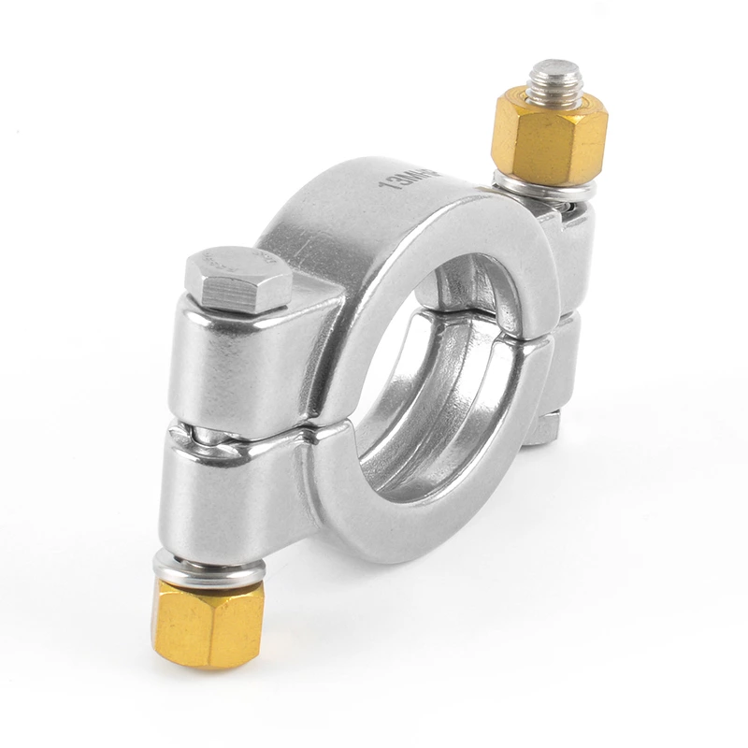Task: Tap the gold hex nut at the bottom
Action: coord(207,622)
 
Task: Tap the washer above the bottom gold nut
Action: coord(209,568)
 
